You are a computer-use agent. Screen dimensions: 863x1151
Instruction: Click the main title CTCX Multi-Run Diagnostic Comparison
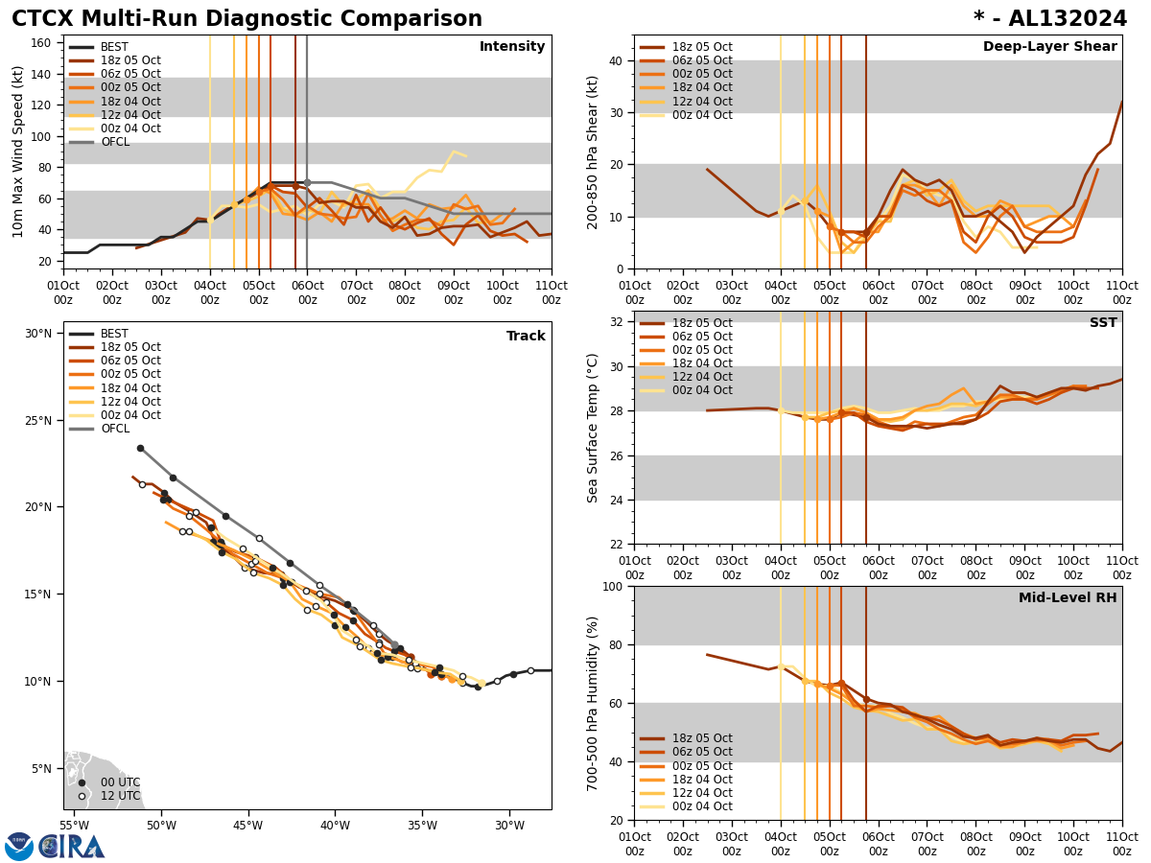(247, 19)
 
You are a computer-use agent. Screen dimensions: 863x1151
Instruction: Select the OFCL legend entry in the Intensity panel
(114, 142)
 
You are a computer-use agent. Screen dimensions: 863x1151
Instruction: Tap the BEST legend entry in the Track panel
(114, 334)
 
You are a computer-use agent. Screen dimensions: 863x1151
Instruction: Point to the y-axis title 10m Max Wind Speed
(18, 152)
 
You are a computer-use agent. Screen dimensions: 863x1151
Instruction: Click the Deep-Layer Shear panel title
(1049, 47)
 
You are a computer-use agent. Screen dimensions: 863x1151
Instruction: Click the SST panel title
(1103, 323)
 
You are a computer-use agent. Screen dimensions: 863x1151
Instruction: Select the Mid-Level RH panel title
(1068, 598)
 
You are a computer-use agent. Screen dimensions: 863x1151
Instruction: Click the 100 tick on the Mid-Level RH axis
(610, 586)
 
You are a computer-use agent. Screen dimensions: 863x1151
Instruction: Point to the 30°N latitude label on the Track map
(38, 334)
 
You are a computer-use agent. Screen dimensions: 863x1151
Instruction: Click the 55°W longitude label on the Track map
(74, 825)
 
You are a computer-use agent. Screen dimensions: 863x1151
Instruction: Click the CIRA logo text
(73, 846)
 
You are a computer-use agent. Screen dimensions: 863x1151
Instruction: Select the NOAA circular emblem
(19, 846)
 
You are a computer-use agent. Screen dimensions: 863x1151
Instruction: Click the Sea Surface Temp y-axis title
(592, 428)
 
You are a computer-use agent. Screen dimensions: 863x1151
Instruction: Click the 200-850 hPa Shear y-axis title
(592, 152)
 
